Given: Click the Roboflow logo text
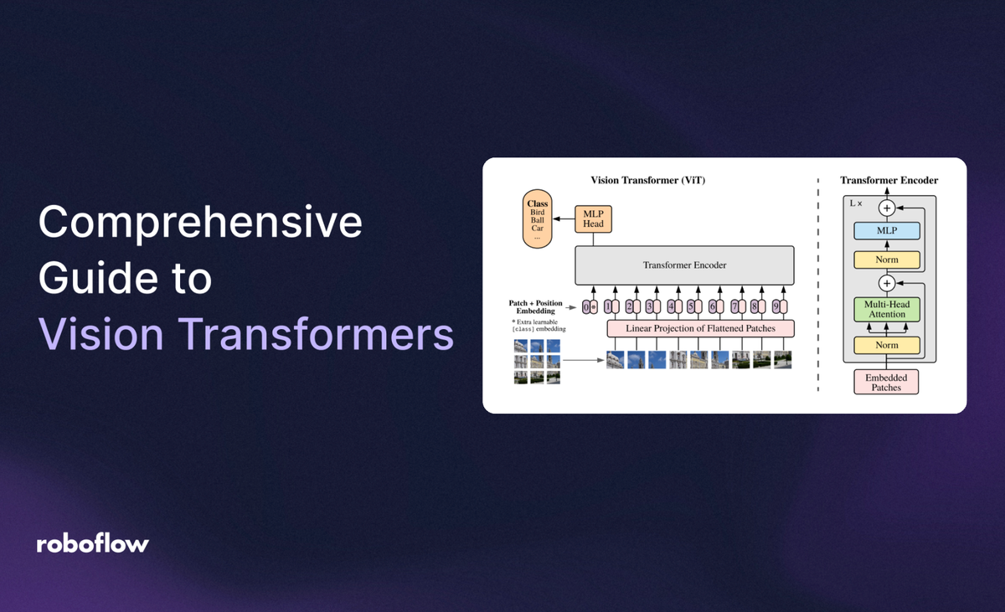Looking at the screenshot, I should (x=92, y=543).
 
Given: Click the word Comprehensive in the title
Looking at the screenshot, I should (x=200, y=224).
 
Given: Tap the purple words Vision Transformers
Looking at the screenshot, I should (x=246, y=335).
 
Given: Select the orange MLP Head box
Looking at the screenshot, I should (x=593, y=219).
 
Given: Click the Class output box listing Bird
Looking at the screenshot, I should (x=537, y=221).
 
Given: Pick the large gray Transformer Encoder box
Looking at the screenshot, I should (x=684, y=265).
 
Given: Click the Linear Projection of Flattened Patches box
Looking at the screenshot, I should (x=700, y=329).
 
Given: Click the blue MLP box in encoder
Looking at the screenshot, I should (x=886, y=231).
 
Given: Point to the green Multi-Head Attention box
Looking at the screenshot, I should (x=886, y=309).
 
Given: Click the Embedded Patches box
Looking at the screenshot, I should (x=886, y=382).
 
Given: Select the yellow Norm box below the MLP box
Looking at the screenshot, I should (x=886, y=260).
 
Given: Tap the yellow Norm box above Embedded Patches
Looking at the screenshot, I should (x=886, y=345).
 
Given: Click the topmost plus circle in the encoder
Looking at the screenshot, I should (x=886, y=207).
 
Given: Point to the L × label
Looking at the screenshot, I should (x=856, y=203).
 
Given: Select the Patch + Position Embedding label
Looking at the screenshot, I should (x=535, y=306).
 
